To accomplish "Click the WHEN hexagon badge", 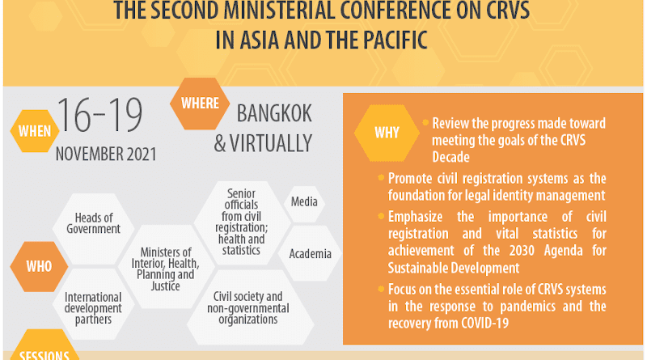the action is coord(35,131).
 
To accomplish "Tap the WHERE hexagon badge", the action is coord(200,104).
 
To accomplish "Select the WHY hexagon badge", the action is coord(387,133).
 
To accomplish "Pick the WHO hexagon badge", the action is coord(39,267).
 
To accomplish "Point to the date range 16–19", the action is coord(99,115).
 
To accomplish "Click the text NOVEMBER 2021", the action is coord(106,155).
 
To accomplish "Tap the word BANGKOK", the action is coord(274,113).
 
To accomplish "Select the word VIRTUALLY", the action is coord(271,143).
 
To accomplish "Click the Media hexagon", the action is coord(304,202).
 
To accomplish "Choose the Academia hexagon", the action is coord(310,253).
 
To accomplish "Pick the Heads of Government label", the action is coord(93,223).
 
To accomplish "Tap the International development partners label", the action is coord(93,308).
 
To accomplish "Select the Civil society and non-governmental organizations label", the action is coord(248,308).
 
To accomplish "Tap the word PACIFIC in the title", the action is coord(395,40).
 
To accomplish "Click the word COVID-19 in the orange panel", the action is coord(484,324).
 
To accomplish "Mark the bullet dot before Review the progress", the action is coord(425,122).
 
